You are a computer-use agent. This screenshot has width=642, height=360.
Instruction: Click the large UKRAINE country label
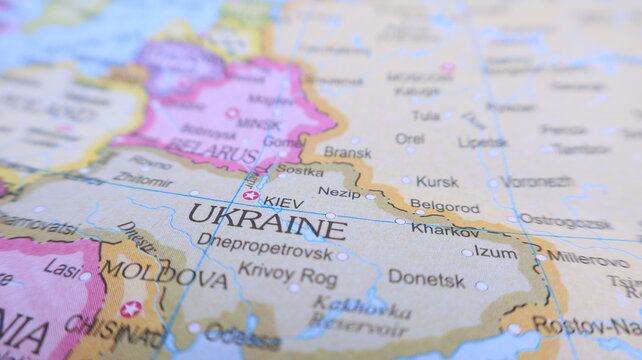[266, 221]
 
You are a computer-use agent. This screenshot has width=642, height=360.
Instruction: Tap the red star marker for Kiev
[250, 196]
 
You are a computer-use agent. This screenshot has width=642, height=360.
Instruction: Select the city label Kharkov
[445, 230]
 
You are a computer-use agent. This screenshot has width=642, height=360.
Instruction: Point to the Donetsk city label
[427, 278]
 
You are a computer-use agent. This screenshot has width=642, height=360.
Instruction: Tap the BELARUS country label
[211, 150]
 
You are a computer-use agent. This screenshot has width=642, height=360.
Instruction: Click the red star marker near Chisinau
[131, 309]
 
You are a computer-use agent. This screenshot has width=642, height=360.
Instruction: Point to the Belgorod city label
[445, 206]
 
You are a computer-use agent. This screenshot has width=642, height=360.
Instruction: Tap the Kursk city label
[437, 181]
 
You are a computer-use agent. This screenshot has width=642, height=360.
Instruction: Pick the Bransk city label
[347, 152]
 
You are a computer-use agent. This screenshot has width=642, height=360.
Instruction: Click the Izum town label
[496, 251]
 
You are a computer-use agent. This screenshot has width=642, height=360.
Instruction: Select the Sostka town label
[300, 170]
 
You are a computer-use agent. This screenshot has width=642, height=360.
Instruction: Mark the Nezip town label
[339, 192]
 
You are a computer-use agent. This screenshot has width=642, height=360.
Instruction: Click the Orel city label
[409, 139]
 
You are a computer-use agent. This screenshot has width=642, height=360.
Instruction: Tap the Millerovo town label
[587, 257]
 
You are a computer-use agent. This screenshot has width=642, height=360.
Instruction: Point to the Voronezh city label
[537, 182]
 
